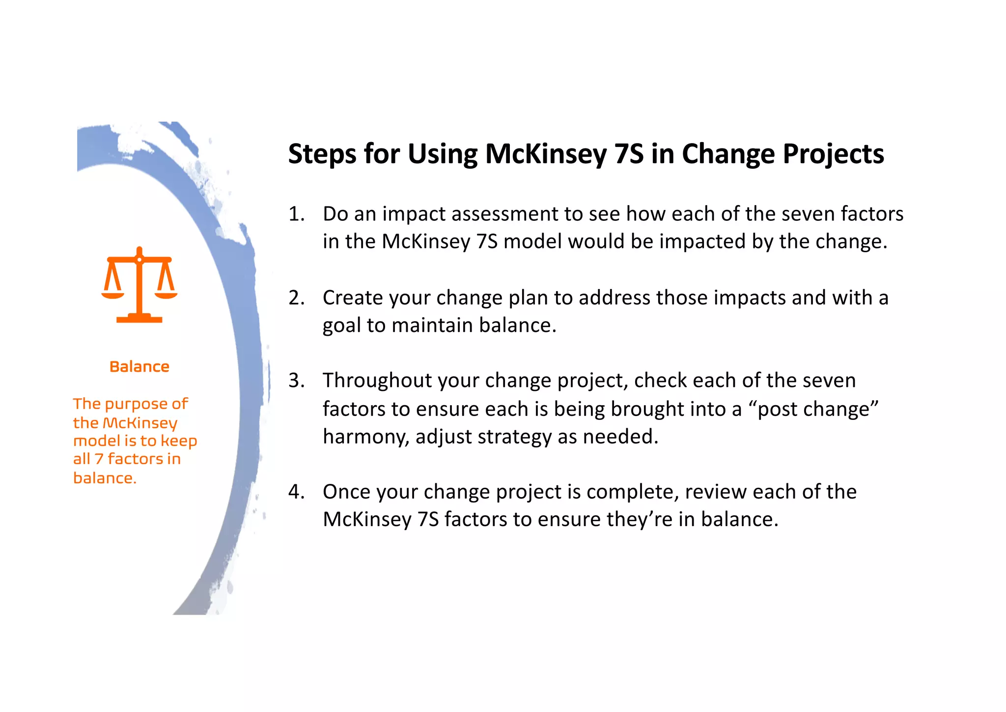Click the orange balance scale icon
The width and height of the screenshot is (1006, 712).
coord(139,285)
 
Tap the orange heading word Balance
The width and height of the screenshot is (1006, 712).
coord(139,367)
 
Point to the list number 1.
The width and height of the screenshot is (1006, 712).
coord(296,214)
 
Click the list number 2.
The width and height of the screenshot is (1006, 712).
coord(296,298)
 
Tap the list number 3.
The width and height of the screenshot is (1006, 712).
coord(296,381)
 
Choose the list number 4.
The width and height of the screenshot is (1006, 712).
coord(296,492)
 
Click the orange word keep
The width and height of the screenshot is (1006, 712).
coord(179,441)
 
